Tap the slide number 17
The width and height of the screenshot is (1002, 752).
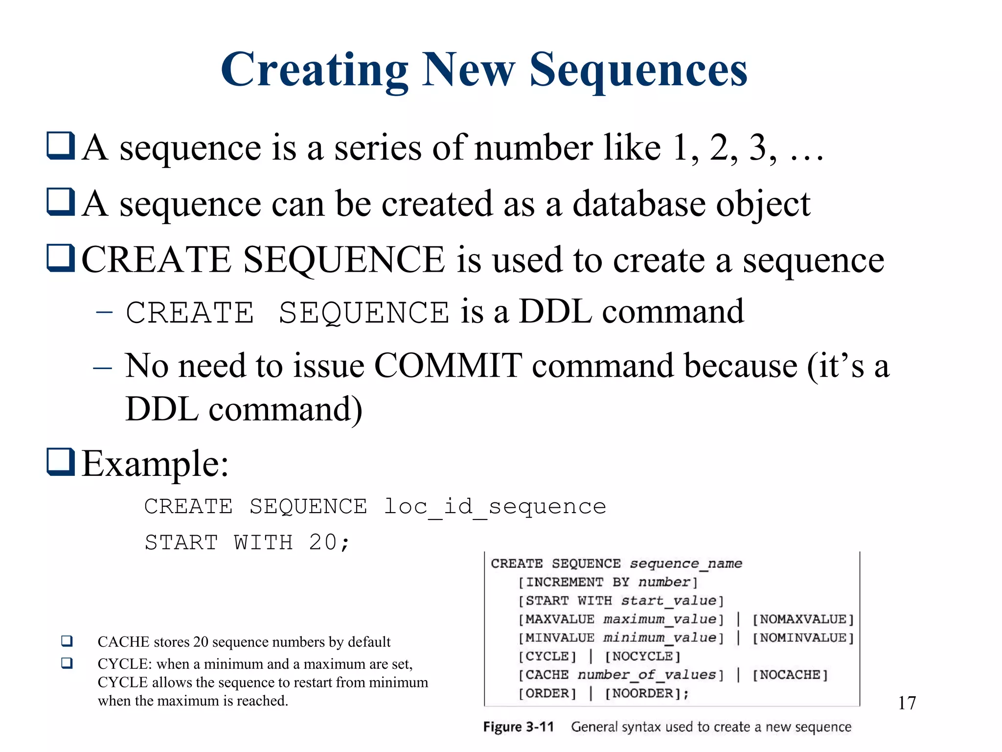(907, 703)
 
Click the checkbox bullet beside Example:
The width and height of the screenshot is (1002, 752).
(61, 462)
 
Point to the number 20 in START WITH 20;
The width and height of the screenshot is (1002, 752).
(323, 542)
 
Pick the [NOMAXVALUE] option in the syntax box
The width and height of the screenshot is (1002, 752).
(803, 619)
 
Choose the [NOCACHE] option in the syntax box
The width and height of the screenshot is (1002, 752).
(790, 675)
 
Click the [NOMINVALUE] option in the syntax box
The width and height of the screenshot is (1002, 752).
(803, 638)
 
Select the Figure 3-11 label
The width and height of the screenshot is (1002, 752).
(518, 727)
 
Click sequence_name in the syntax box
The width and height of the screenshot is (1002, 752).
(686, 564)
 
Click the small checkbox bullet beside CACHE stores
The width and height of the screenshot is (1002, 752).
(67, 641)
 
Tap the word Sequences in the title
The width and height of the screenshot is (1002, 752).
(638, 70)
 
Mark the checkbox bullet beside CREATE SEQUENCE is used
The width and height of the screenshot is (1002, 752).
(61, 258)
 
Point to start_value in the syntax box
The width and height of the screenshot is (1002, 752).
(668, 601)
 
